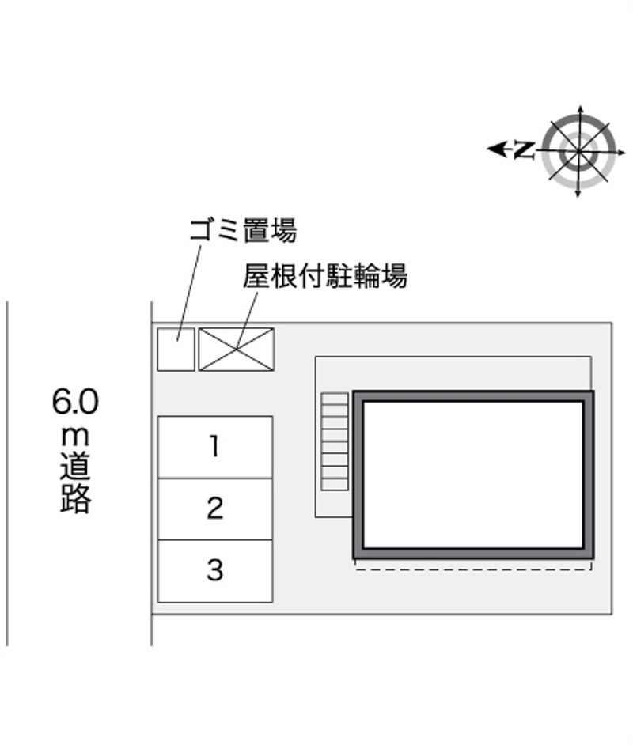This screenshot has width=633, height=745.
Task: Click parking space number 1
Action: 214,447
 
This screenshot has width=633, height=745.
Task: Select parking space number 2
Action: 214,509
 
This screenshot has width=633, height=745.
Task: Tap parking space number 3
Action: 214,571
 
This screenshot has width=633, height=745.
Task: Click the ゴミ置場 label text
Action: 243,230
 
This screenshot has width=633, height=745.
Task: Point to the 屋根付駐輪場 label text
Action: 325,276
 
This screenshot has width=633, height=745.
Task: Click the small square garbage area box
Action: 176,350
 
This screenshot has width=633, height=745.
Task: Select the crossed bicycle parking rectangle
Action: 236,350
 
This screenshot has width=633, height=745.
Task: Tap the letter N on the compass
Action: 524,149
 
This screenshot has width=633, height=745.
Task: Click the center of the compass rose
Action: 579,152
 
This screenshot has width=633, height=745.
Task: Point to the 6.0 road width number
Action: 75,402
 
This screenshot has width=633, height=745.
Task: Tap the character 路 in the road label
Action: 75,498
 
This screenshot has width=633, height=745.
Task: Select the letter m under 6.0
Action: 75,437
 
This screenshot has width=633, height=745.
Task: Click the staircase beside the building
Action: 335,441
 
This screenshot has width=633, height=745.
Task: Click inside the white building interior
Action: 473,475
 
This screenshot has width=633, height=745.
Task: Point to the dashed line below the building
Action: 473,569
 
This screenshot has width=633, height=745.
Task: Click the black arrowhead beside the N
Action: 497,149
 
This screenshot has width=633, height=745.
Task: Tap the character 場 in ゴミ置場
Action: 284,230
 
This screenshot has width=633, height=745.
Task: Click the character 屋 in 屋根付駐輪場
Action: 256,276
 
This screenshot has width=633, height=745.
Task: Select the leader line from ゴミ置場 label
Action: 188,293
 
